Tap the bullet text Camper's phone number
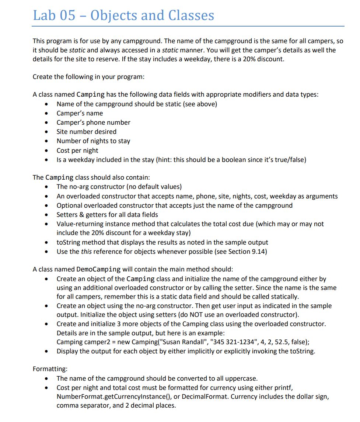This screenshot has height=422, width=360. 93,122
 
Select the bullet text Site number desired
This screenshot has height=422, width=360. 86,132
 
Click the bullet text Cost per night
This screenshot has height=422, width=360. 77,151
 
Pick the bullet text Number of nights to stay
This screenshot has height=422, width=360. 93,141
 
